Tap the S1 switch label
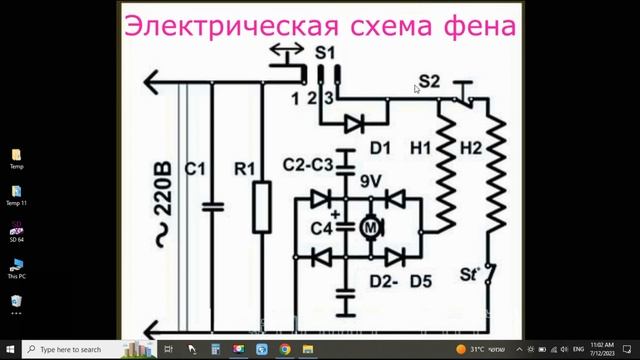tap(325, 53)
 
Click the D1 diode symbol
tap(351, 124)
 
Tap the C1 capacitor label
tap(196, 171)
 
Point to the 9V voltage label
tap(370, 182)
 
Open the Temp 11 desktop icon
tap(17, 193)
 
